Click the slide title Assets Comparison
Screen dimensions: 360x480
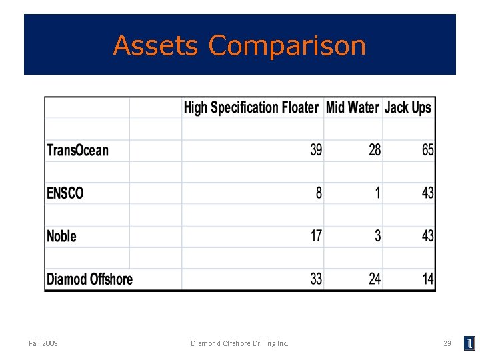[239, 45]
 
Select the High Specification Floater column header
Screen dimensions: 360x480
[251, 107]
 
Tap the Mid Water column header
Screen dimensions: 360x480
[352, 107]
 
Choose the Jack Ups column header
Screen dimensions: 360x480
[408, 107]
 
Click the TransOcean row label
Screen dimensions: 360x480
[77, 150]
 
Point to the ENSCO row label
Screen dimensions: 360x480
[65, 193]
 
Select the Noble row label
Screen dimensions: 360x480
[61, 236]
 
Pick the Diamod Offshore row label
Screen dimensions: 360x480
[89, 279]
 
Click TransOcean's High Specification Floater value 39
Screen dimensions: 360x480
[316, 150]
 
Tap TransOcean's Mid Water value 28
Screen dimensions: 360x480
[375, 150]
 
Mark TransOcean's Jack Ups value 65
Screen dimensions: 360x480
[427, 150]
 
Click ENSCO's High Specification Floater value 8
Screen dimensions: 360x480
[319, 193]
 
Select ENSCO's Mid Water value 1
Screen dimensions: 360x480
[378, 193]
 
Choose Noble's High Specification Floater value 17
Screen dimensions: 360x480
[316, 236]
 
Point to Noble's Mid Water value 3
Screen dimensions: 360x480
[378, 236]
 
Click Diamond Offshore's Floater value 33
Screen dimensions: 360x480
[316, 279]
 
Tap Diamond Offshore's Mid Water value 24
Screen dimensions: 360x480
[375, 279]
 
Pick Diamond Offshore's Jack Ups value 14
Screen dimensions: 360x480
[427, 279]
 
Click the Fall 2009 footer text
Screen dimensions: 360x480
[43, 343]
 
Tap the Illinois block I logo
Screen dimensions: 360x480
[469, 343]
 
